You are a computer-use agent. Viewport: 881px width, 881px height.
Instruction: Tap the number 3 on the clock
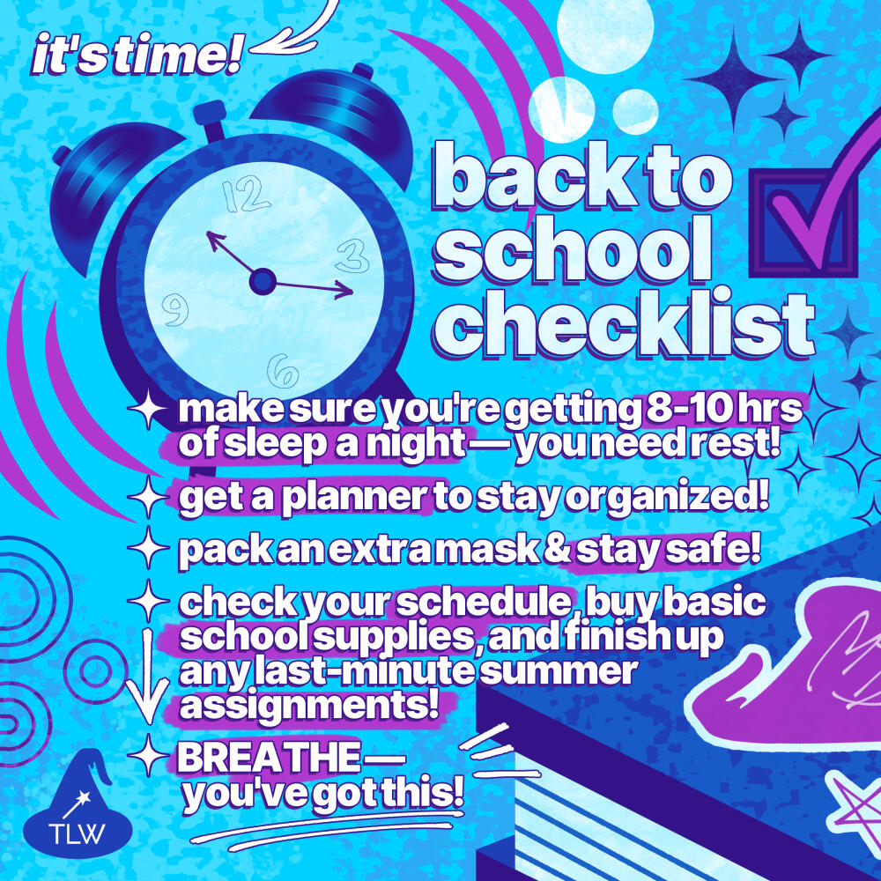352,255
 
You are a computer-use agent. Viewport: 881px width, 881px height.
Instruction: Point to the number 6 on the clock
283,372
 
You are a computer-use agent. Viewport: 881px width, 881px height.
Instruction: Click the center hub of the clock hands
263,282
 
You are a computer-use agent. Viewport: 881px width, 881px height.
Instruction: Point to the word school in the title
574,250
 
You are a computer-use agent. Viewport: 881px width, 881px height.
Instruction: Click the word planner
354,499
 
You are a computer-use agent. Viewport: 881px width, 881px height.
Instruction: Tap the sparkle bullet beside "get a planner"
148,497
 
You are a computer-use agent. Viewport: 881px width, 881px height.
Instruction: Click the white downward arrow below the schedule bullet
147,677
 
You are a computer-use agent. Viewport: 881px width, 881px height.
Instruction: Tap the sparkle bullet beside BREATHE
148,755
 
